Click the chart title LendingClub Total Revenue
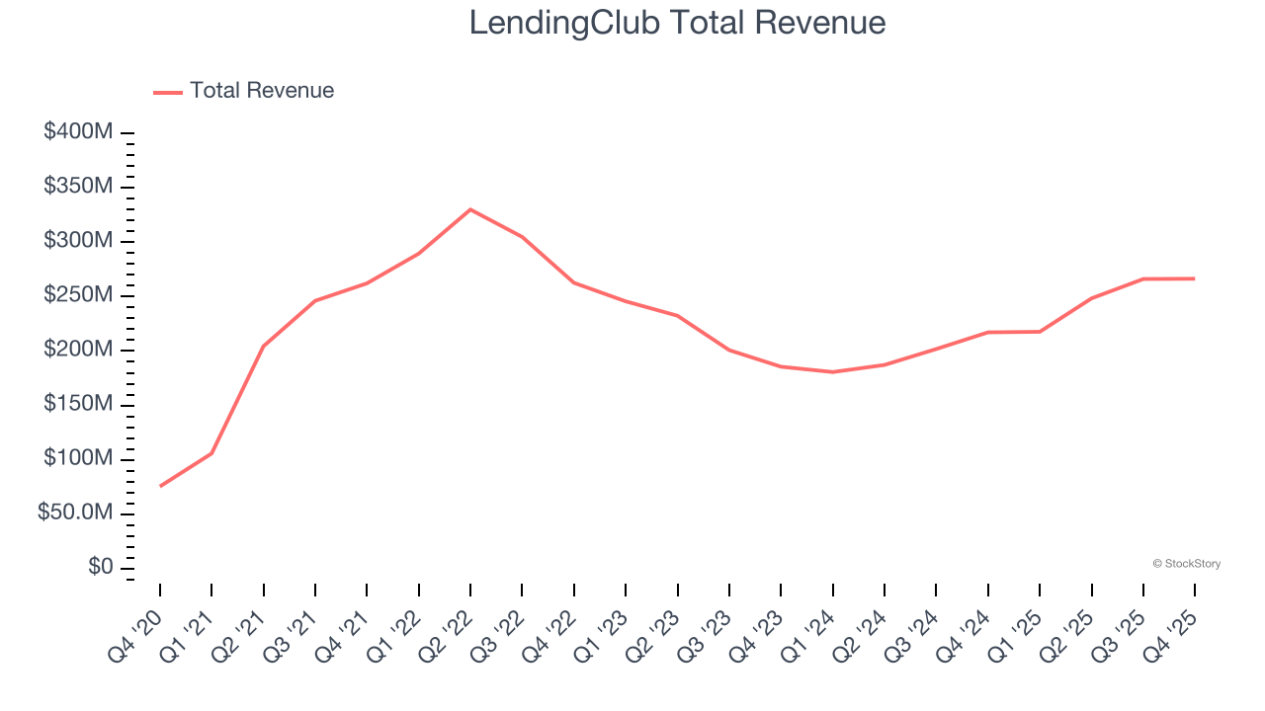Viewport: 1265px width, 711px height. pos(677,22)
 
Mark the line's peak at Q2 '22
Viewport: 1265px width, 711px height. pos(470,209)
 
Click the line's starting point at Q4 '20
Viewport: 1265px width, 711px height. pos(160,486)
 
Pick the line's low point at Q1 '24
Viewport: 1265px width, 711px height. pos(833,372)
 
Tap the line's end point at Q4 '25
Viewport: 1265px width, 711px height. pos(1194,278)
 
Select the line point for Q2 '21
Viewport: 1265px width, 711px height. pos(264,346)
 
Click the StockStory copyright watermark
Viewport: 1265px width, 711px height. pos(1186,564)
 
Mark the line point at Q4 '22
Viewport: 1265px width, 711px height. pos(574,282)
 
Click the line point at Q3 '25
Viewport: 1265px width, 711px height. pos(1142,279)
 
